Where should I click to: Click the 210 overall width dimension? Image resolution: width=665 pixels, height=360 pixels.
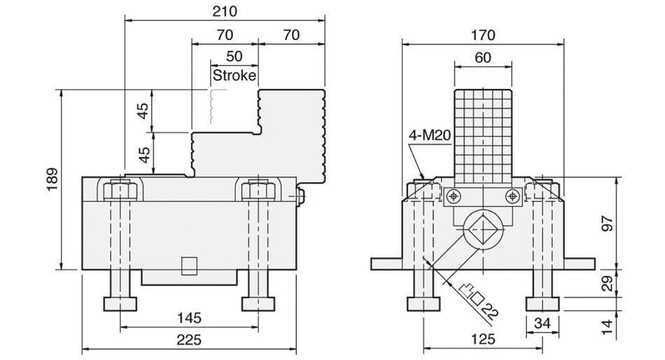(224, 11)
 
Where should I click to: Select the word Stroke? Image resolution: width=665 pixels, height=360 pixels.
(234, 75)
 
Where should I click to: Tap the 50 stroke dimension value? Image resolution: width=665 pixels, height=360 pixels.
(234, 56)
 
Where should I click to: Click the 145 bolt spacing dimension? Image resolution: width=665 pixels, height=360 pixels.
(189, 318)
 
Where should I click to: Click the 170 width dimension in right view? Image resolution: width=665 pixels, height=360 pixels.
(482, 34)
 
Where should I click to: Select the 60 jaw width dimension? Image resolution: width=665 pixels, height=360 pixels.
(482, 57)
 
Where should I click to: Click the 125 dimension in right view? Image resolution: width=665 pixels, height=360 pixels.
(482, 340)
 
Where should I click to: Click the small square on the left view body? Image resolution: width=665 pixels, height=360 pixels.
(189, 265)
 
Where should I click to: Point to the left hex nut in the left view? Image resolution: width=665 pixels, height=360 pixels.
(120, 190)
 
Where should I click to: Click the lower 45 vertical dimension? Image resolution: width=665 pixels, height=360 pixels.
(143, 154)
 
